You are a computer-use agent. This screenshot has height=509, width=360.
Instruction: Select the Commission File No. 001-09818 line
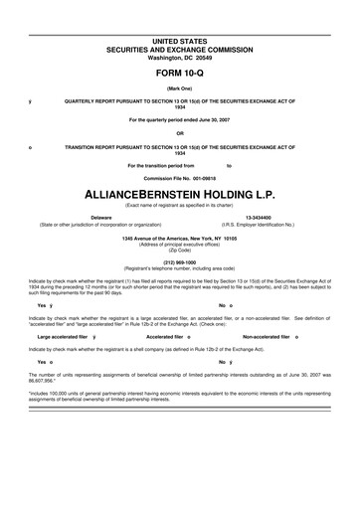pos(180,178)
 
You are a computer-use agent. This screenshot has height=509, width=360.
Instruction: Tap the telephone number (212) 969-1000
pos(180,262)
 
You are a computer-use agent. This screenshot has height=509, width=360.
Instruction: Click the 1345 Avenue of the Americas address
pos(180,239)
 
